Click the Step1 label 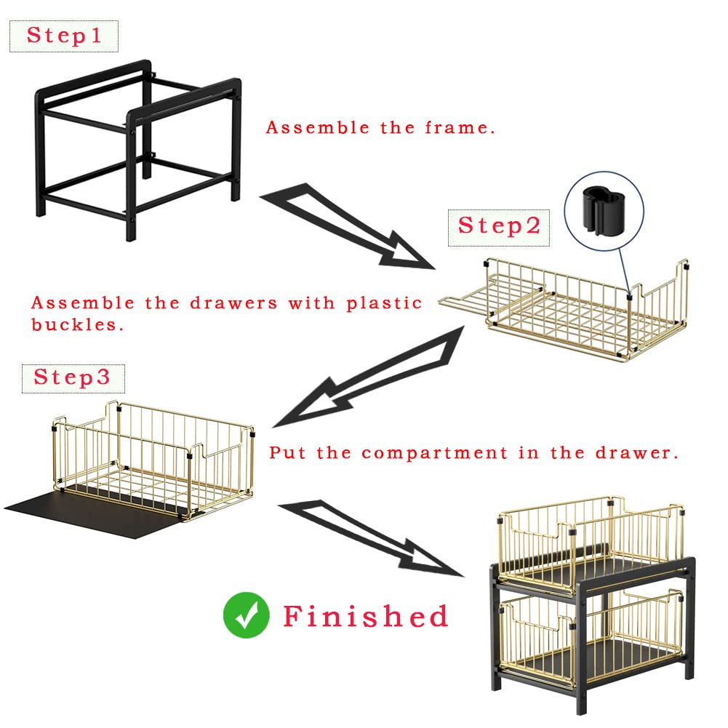pos(64,36)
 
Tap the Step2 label pos(499,227)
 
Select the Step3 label pos(73,378)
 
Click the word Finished pos(365,617)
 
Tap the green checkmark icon pos(246,615)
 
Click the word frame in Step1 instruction pos(460,128)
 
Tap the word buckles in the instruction pos(77,324)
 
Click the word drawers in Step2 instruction pos(233,303)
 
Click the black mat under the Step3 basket pos(93,516)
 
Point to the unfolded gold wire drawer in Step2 pos(563,310)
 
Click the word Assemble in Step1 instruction pos(318,128)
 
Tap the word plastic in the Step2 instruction pos(384,304)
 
